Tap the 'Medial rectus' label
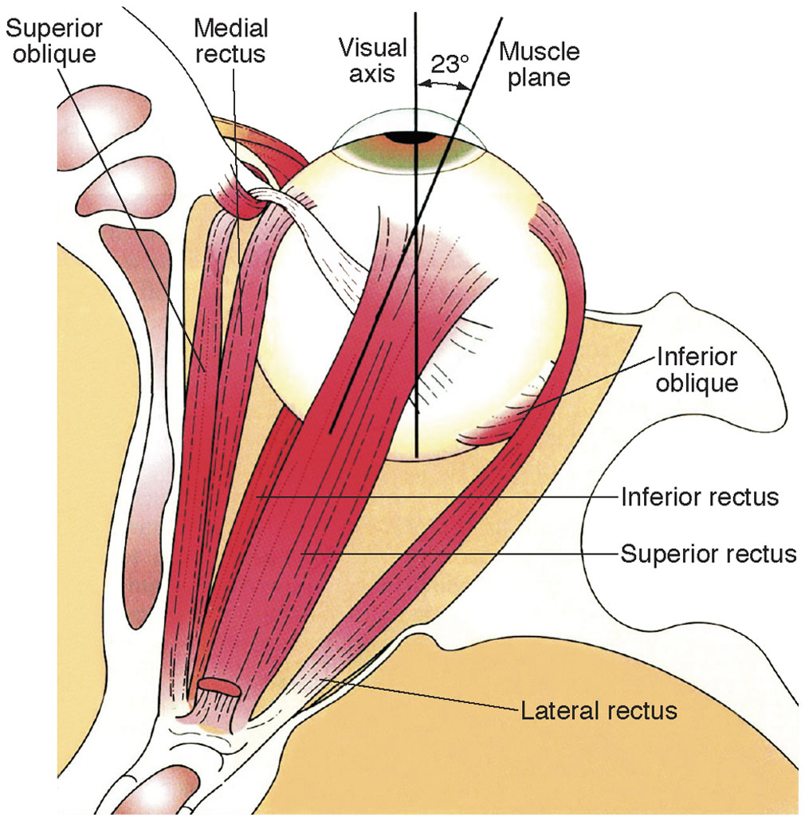click(231, 42)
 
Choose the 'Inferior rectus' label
click(699, 498)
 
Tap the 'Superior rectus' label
click(709, 552)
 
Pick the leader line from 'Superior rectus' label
click(462, 552)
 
